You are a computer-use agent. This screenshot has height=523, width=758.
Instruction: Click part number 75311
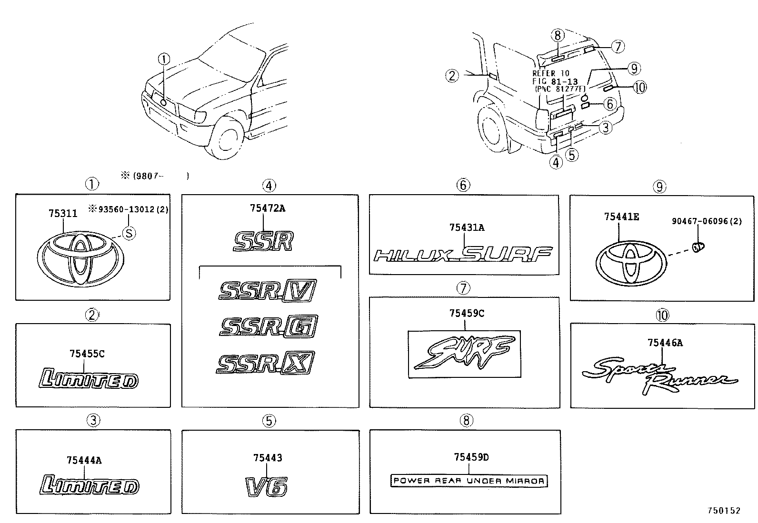pyautogui.click(x=62, y=214)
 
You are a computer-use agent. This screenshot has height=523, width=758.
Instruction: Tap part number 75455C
pyautogui.click(x=87, y=354)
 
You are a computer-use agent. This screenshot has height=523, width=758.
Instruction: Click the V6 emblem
pyautogui.click(x=267, y=486)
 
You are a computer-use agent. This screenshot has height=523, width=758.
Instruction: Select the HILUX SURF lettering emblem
pyautogui.click(x=463, y=255)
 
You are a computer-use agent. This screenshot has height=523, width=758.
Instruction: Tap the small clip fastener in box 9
pyautogui.click(x=698, y=247)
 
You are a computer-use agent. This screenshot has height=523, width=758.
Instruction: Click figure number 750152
pyautogui.click(x=723, y=510)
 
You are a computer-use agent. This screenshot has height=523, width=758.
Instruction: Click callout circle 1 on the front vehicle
pyautogui.click(x=163, y=59)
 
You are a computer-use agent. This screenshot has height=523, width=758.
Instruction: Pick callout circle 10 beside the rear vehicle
pyautogui.click(x=639, y=87)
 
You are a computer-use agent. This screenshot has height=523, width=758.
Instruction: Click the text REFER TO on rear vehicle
pyautogui.click(x=550, y=74)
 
